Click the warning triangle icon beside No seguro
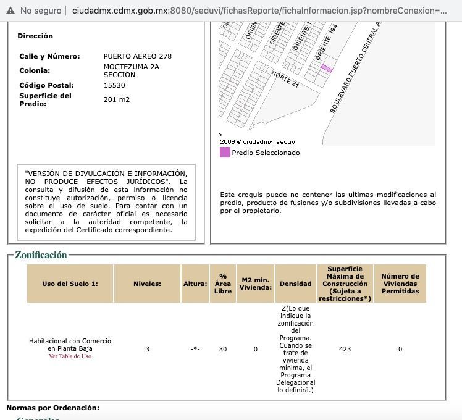(x=10, y=10)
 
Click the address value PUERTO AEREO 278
(x=138, y=56)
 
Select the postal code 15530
(x=114, y=85)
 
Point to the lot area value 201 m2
(x=117, y=99)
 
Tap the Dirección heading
(x=35, y=36)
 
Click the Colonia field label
(x=35, y=70)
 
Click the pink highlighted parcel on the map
(x=327, y=69)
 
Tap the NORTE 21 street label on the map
(x=285, y=78)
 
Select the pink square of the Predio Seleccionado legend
(x=225, y=153)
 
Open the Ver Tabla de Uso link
(x=70, y=356)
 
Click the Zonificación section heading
(x=41, y=255)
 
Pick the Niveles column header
(x=147, y=283)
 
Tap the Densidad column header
(x=295, y=283)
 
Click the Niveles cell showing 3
(x=147, y=349)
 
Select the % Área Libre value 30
(x=222, y=349)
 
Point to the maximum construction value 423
(x=345, y=349)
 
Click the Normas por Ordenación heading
(x=52, y=408)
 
